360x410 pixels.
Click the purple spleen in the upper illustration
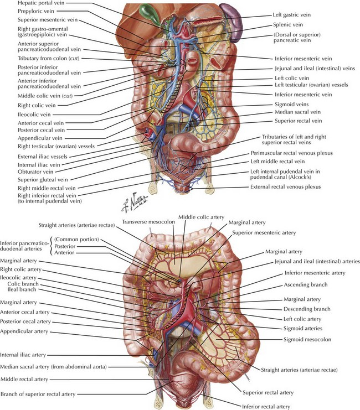[x=231, y=18]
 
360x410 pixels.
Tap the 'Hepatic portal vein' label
[x=41, y=3]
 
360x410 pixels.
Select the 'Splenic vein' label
[x=288, y=24]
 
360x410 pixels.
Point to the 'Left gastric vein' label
[x=292, y=15]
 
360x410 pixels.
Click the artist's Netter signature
[x=135, y=203]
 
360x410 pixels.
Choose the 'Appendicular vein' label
[x=40, y=138]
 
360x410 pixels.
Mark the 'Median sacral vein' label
[x=297, y=112]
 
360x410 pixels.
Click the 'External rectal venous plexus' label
[x=286, y=186]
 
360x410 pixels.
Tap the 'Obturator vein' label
[x=35, y=172]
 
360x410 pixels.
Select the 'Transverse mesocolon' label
[x=148, y=222]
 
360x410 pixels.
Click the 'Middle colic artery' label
[x=202, y=217]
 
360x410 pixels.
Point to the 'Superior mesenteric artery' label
[x=264, y=232]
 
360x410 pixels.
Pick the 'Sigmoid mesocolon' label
[x=307, y=339]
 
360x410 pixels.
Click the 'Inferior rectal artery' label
[x=266, y=407]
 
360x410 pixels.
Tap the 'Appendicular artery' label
[x=24, y=331]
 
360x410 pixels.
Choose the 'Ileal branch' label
[x=22, y=289]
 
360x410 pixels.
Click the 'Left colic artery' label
[x=302, y=319]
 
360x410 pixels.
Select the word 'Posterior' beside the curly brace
[x=65, y=246]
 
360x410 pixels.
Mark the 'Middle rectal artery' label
[x=24, y=379]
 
